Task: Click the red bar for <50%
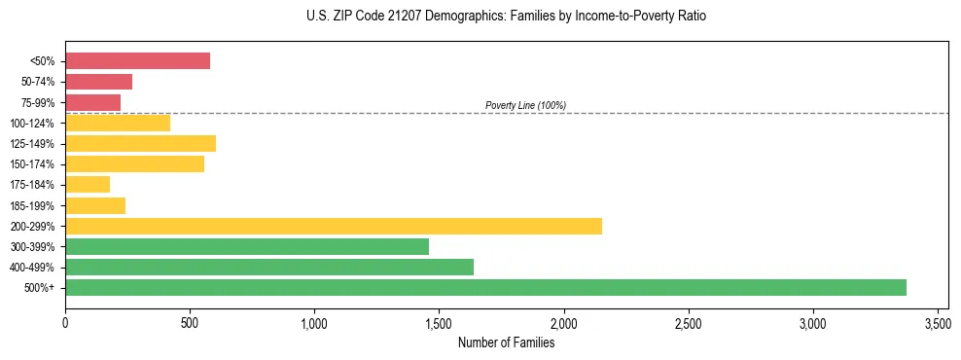[x=137, y=61]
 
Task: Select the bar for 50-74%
[x=98, y=82]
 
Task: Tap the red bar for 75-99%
[x=92, y=102]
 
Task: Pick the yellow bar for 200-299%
[x=333, y=226]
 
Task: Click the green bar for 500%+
[x=485, y=287]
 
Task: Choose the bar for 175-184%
[x=88, y=185]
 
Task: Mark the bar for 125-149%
[x=140, y=144]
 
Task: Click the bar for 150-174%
[x=134, y=164]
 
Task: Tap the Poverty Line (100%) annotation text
[x=525, y=105]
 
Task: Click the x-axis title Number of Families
[x=507, y=342]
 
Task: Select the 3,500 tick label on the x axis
[x=938, y=322]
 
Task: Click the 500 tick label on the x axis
[x=190, y=322]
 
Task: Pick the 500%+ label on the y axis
[x=40, y=288]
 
